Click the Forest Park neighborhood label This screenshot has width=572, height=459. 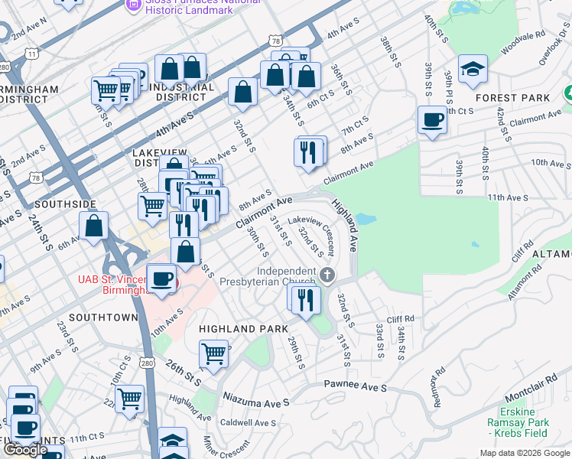pos(512,98)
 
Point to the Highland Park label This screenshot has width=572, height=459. pos(236,328)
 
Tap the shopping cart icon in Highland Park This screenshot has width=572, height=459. pos(214,353)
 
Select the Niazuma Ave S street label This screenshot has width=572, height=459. pos(257,399)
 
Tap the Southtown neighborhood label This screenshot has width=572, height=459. pos(102,317)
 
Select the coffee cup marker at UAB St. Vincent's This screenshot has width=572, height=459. pos(161,278)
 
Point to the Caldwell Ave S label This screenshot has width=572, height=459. pos(248,422)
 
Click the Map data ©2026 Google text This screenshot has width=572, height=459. pos(524,453)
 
